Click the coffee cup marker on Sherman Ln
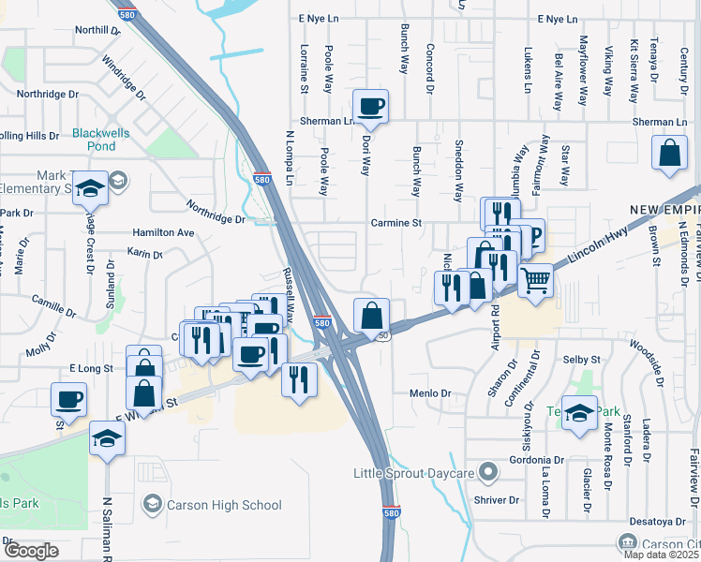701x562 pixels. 370,106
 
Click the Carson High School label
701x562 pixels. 223,506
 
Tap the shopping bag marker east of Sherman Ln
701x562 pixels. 671,155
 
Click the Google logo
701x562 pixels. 31,551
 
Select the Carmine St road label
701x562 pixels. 396,224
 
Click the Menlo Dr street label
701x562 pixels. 431,393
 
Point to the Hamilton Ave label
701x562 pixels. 163,232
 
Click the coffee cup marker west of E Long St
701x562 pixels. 69,399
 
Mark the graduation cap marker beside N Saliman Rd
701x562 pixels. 107,437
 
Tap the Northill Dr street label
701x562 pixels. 98,30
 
